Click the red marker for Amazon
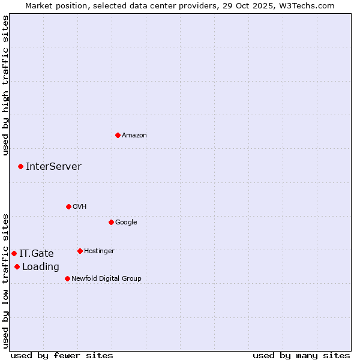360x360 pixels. tap(118, 135)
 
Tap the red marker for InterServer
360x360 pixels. tap(20, 166)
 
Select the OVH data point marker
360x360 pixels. tap(68, 206)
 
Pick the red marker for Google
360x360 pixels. tap(111, 222)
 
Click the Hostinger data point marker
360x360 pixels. tap(80, 251)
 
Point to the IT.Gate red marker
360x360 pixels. tap(14, 253)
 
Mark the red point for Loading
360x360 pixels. tap(17, 266)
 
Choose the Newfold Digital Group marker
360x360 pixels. tap(67, 278)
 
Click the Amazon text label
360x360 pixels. tap(134, 135)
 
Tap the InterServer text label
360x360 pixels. tap(53, 166)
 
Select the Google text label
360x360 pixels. tap(126, 222)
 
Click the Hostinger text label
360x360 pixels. tap(99, 251)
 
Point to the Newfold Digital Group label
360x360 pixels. tap(106, 278)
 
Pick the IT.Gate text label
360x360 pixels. tap(36, 253)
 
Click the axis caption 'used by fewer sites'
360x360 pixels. tap(62, 355)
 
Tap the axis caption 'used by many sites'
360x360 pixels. tap(301, 355)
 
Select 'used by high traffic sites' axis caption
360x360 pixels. tap(5, 85)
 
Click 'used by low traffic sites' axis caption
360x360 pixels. tap(5, 280)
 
